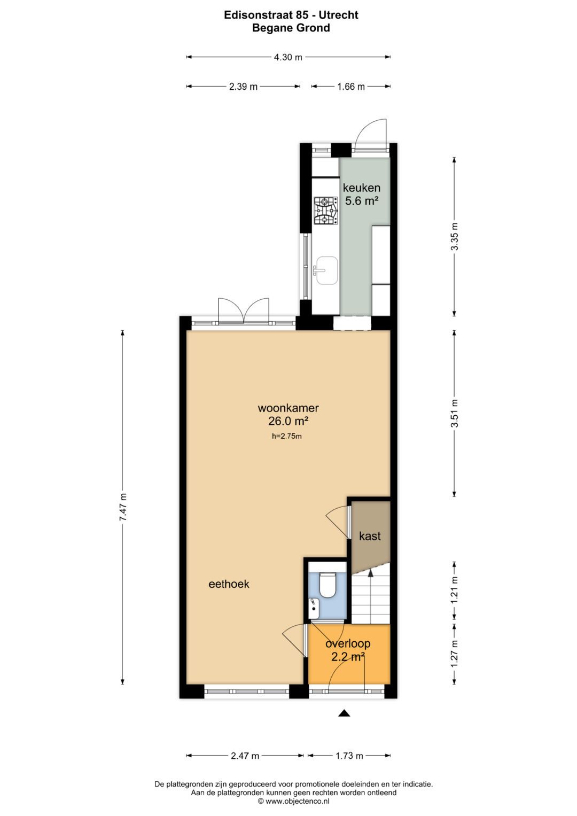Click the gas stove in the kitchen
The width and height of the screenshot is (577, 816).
click(x=325, y=211)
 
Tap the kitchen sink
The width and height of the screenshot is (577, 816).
click(x=326, y=270)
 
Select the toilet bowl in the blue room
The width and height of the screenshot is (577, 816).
click(x=327, y=585)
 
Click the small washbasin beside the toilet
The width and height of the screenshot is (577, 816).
click(x=314, y=606)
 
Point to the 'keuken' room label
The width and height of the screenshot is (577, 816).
click(x=362, y=188)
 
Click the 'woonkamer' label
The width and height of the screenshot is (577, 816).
click(x=288, y=408)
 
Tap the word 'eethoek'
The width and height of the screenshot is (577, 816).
click(x=229, y=584)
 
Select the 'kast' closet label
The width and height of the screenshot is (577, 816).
click(x=370, y=536)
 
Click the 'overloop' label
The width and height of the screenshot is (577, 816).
click(x=348, y=644)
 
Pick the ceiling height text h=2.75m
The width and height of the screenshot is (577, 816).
click(x=287, y=436)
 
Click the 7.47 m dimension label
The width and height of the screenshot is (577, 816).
click(x=123, y=507)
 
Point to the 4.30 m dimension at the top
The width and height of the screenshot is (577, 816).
click(x=288, y=57)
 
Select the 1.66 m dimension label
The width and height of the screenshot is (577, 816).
click(x=350, y=87)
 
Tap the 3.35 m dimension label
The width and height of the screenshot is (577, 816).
click(x=454, y=236)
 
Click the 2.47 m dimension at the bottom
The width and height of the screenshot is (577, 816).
click(x=245, y=756)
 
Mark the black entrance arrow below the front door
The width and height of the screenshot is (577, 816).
click(x=344, y=713)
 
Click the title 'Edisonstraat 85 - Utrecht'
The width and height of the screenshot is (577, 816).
click(x=291, y=15)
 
